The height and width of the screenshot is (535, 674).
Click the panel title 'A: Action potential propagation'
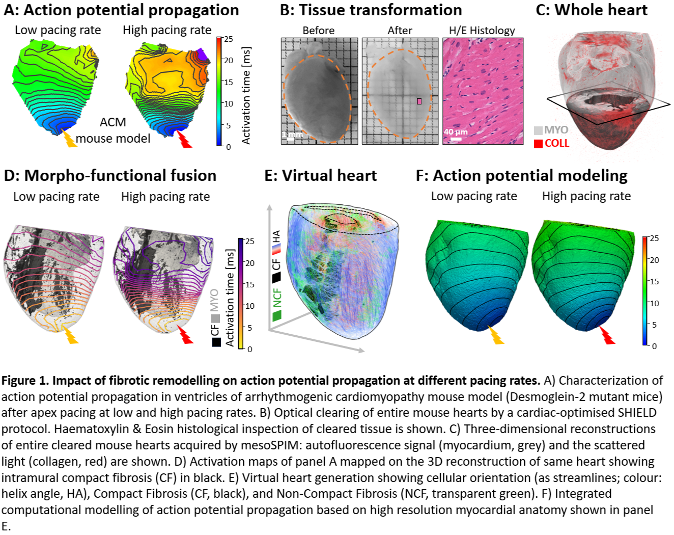pyautogui.click(x=121, y=10)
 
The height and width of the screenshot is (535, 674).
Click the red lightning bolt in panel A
pyautogui.click(x=184, y=139)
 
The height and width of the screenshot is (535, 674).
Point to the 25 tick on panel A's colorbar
pyautogui.click(x=229, y=39)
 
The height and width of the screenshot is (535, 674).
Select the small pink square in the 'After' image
pyautogui.click(x=419, y=101)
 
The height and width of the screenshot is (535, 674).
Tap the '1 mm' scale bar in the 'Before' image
pyautogui.click(x=292, y=135)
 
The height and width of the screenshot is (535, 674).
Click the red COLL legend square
pyautogui.click(x=538, y=144)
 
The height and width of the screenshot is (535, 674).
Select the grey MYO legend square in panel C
pyautogui.click(x=538, y=130)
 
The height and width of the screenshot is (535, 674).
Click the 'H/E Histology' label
pyautogui.click(x=482, y=31)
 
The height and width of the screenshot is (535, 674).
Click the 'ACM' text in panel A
pyautogui.click(x=113, y=122)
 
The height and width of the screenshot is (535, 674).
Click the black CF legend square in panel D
pyautogui.click(x=216, y=342)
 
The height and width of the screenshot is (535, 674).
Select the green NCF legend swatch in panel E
pyautogui.click(x=277, y=315)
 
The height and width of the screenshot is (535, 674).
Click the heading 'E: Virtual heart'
pyautogui.click(x=320, y=176)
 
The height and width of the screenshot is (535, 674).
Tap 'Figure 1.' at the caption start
pyautogui.click(x=25, y=381)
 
